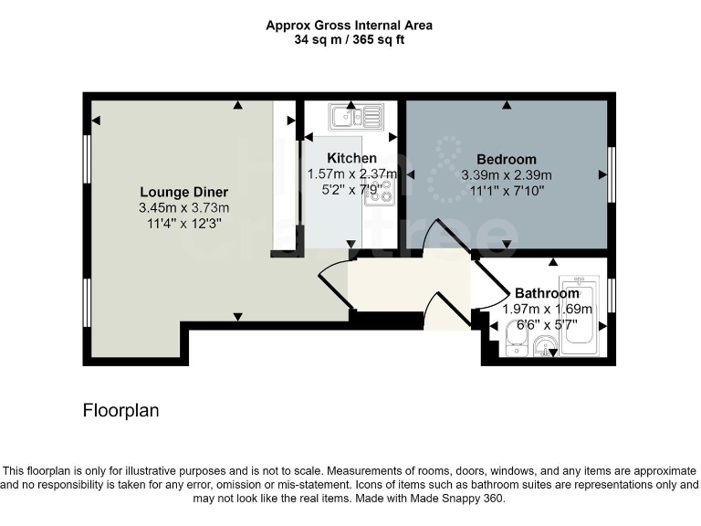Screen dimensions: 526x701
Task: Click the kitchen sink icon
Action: coord(359,115)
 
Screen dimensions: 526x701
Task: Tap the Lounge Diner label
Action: coord(183,192)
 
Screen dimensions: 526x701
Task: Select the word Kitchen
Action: coord(351,159)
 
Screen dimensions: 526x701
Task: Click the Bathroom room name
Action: coord(546,293)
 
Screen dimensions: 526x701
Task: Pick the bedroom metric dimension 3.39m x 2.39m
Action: coord(506,175)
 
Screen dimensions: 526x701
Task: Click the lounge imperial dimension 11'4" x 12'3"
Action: coord(183,223)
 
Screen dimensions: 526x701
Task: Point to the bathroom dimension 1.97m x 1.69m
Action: coord(547,309)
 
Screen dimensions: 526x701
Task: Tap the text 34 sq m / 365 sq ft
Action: coord(350,40)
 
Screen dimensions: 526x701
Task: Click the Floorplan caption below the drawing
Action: coord(120,411)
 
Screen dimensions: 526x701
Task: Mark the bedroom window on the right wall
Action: coord(611,173)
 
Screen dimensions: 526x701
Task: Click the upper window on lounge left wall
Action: coord(87,164)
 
